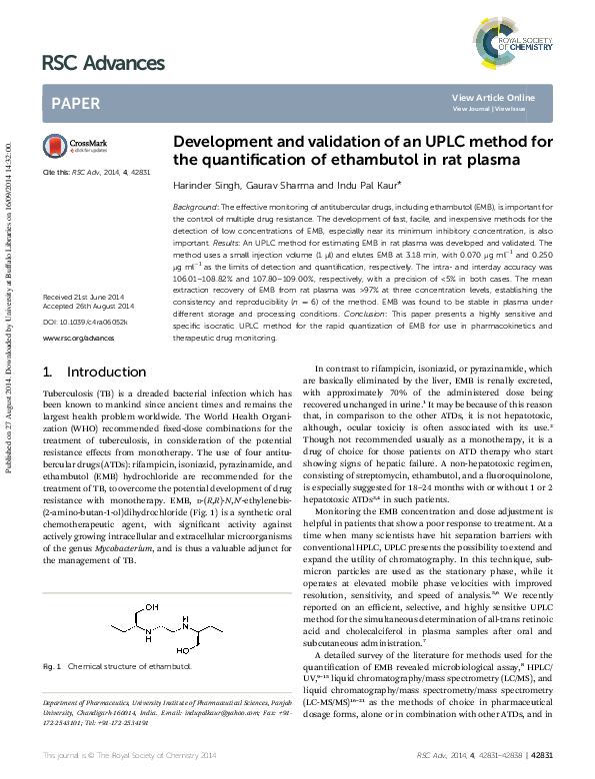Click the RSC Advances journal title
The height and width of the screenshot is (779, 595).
[x=103, y=64]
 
